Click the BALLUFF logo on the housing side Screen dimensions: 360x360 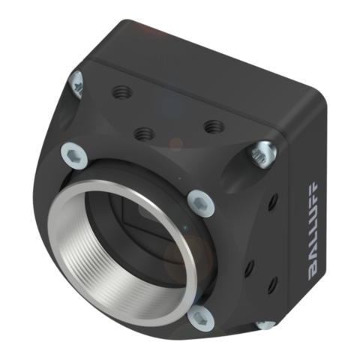tap(313, 232)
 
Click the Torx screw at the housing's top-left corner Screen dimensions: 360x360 tap(76, 85)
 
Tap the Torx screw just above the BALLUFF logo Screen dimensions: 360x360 tap(262, 154)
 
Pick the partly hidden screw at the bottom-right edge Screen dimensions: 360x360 tap(265, 325)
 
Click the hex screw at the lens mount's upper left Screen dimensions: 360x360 tap(74, 155)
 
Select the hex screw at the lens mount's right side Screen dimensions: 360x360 tap(201, 202)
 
